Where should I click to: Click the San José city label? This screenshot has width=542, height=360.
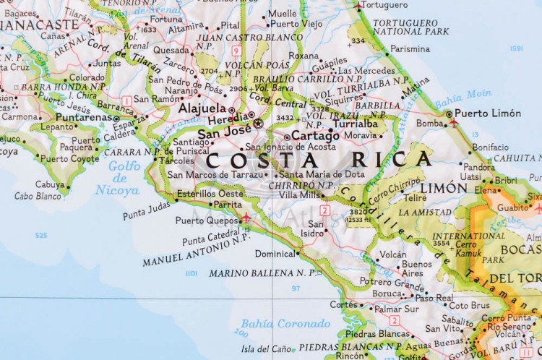pos(225,134)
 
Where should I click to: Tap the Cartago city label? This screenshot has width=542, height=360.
pos(316,136)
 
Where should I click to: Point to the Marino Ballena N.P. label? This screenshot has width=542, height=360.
pos(260,273)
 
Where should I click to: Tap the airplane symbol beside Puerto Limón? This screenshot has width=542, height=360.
pos(453,124)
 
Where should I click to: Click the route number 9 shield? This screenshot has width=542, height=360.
pos(236,51)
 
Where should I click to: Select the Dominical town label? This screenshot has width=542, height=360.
pos(275,254)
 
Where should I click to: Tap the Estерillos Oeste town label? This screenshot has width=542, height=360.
pos(210,193)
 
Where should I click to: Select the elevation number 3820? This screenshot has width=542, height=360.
pos(356,212)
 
